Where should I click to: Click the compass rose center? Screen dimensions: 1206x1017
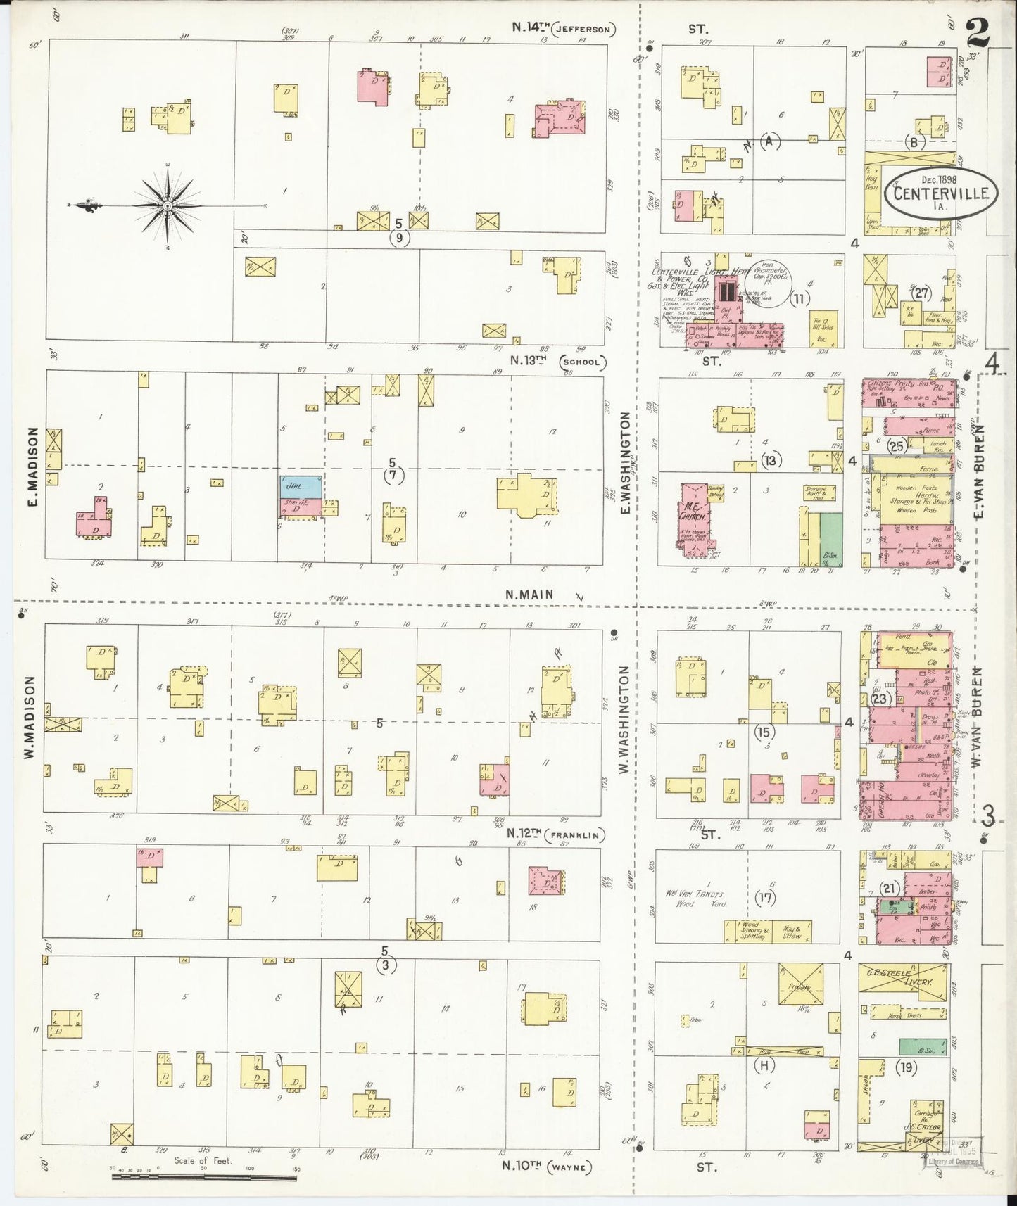click(168, 205)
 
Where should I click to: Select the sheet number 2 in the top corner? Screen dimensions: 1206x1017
click(978, 32)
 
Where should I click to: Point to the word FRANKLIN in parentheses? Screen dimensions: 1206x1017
click(579, 836)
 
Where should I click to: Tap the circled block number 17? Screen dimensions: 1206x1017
click(765, 898)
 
